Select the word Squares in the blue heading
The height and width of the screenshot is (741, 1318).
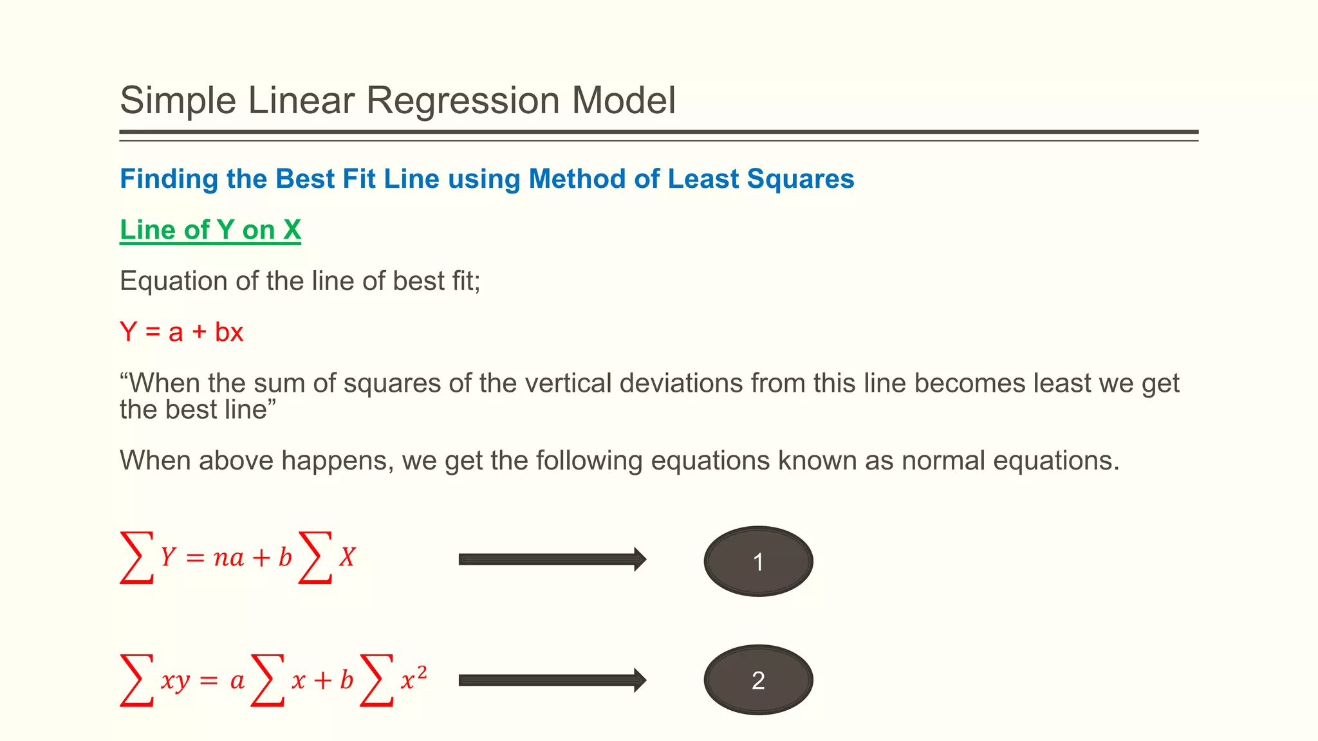(800, 179)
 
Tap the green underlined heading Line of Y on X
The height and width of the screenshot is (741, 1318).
(210, 230)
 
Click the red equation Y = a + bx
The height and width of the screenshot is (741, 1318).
(181, 333)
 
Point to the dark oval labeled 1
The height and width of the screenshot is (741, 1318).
(758, 562)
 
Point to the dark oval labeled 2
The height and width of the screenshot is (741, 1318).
(758, 680)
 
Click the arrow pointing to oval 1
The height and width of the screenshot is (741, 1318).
(552, 560)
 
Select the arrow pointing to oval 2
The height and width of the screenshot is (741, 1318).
(552, 681)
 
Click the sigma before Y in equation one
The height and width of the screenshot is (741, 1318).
(137, 557)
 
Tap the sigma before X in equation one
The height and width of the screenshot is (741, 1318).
(315, 557)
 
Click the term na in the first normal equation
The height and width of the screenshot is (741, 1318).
(228, 558)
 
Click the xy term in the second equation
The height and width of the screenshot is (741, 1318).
(175, 681)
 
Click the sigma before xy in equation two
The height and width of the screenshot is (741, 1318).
(137, 680)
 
